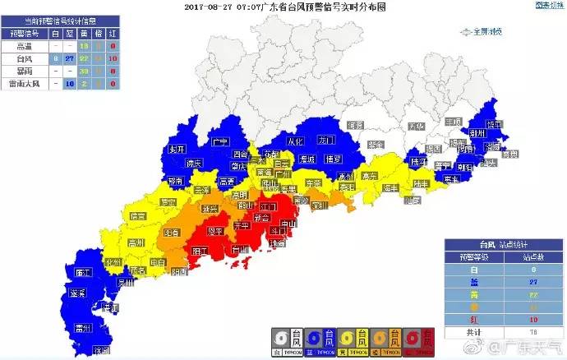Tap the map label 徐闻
pos(101,350)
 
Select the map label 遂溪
pos(79,293)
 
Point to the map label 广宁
pos(219,141)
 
